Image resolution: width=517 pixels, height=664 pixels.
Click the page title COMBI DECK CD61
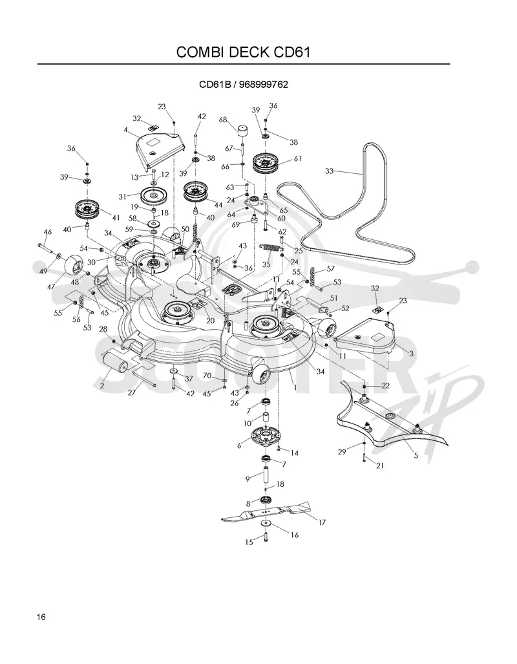pyautogui.click(x=243, y=52)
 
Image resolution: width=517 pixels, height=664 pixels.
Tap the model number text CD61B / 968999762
pyautogui.click(x=244, y=84)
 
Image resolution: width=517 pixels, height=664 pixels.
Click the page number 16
pyautogui.click(x=41, y=617)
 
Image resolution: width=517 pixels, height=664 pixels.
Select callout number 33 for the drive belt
pyautogui.click(x=329, y=171)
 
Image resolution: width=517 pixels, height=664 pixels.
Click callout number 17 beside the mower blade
pyautogui.click(x=322, y=522)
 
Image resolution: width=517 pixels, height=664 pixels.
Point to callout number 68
pyautogui.click(x=223, y=120)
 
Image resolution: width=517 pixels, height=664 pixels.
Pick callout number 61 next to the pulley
pyautogui.click(x=298, y=159)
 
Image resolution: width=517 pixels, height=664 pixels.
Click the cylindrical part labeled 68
pyautogui.click(x=242, y=130)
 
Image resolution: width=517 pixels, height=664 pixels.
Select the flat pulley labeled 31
pyautogui.click(x=153, y=196)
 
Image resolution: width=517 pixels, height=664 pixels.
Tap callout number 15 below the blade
pyautogui.click(x=249, y=542)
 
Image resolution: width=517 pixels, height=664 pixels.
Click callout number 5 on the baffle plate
pyautogui.click(x=416, y=456)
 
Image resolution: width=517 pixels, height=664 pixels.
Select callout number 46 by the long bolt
pyautogui.click(x=47, y=232)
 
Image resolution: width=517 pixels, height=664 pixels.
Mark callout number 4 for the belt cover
pyautogui.click(x=126, y=130)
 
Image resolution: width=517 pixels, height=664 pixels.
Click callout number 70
pyautogui.click(x=207, y=376)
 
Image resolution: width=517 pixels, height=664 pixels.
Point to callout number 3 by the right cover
pyautogui.click(x=411, y=353)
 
